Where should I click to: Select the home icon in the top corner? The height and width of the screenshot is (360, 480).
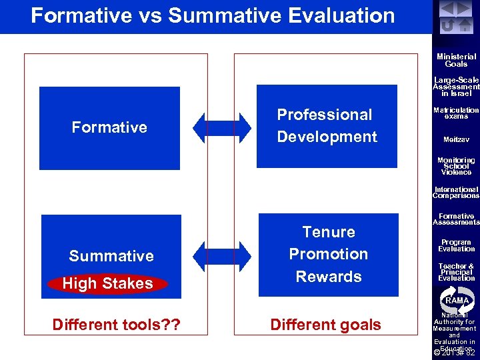pos(465,25)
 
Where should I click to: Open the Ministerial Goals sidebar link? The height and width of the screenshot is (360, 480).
pos(456,61)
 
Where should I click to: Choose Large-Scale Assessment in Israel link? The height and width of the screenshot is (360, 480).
pos(456,87)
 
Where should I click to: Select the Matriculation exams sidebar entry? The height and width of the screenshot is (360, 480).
pos(456,113)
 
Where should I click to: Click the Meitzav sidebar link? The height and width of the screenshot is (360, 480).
pos(456,140)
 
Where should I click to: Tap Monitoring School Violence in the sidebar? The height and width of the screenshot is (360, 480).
pos(456,166)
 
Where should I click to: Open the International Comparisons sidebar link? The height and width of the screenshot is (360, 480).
pos(456,193)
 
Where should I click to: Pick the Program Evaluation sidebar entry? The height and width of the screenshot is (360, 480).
pos(456,245)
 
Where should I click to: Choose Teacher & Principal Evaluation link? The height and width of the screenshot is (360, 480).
pos(456,272)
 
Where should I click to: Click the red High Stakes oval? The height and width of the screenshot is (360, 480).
pos(108,284)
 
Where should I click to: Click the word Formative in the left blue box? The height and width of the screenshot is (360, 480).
pos(109,127)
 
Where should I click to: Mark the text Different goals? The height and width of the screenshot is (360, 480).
pos(325,325)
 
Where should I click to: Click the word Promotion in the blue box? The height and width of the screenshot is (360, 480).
pos(328,254)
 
